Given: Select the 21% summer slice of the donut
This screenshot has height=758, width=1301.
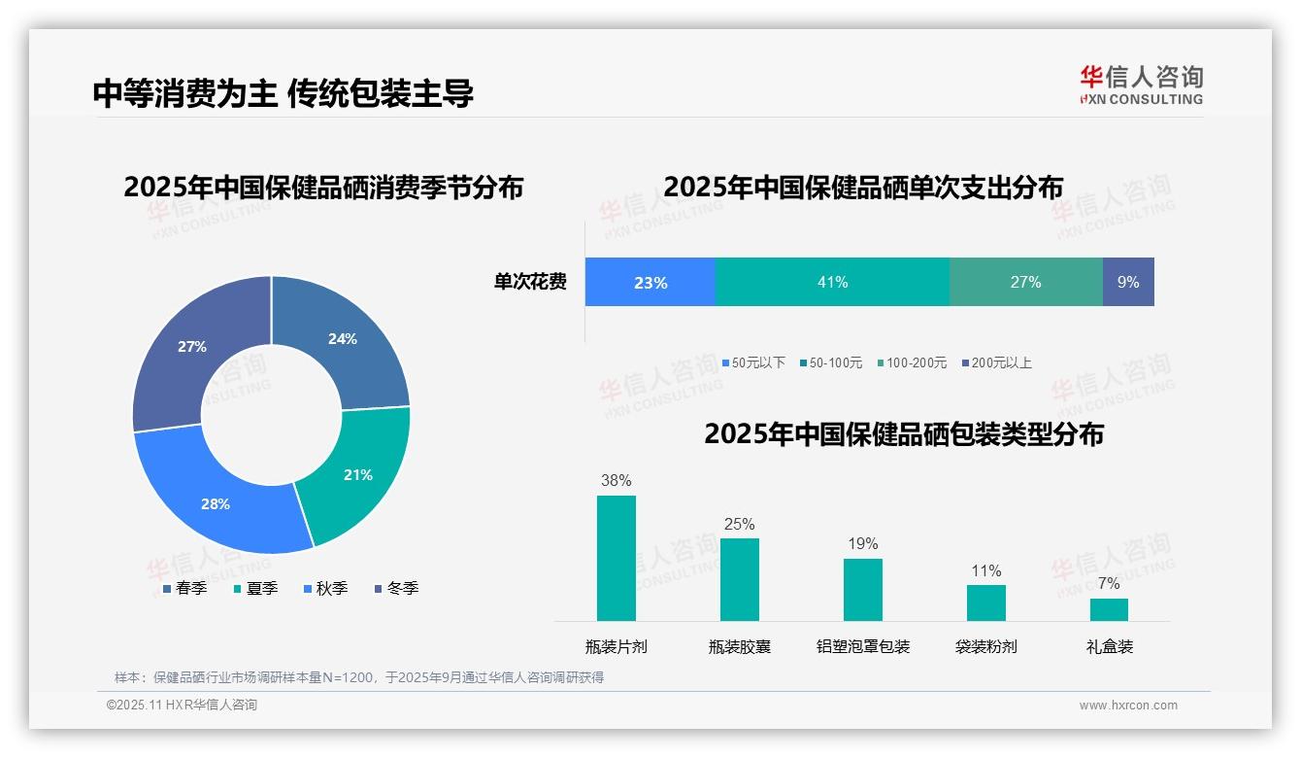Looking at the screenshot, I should click(x=354, y=476).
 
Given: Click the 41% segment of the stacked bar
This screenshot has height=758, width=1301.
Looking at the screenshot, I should click(x=832, y=282).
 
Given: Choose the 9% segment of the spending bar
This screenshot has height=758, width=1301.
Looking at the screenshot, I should click(x=1128, y=282).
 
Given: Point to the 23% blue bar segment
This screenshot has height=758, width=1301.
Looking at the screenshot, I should click(x=650, y=282).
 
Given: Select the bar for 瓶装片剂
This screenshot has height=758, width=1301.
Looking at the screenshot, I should click(x=617, y=558).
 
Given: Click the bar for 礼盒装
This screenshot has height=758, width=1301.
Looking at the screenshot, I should click(x=1109, y=609).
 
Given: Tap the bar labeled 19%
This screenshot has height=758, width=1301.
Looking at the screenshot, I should click(x=863, y=589).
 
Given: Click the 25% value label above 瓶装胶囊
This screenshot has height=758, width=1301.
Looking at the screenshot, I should click(x=739, y=525).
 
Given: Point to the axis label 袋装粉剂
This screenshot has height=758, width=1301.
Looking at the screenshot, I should click(x=985, y=646).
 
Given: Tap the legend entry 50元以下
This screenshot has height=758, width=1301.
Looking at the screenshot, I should click(x=753, y=362).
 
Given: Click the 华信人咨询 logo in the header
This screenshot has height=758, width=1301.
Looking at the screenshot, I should click(x=1141, y=85).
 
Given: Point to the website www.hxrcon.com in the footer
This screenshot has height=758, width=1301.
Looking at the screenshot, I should click(x=1128, y=706).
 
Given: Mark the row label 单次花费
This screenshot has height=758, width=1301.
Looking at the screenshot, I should click(x=530, y=282).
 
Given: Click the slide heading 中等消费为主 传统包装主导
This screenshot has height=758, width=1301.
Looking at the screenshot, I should click(x=283, y=93).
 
